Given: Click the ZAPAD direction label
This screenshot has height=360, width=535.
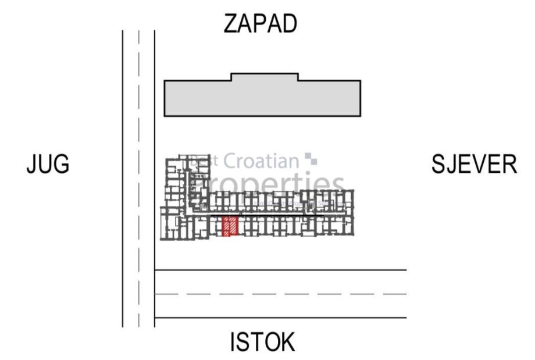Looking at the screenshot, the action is (261, 24).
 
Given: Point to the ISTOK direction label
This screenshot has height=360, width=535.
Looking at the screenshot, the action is (262, 342).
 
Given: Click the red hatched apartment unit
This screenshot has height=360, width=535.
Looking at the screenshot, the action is (230, 226).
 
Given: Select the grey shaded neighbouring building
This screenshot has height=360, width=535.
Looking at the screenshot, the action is (262, 98).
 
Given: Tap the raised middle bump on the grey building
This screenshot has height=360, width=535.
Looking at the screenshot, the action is (265, 77).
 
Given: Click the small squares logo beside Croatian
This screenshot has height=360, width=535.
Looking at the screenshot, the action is (315, 158).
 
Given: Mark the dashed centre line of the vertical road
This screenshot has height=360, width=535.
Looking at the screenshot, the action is (139, 174).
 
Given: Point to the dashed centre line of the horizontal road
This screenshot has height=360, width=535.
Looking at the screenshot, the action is (279, 294).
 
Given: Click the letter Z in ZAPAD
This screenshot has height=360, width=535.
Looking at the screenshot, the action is (231, 24).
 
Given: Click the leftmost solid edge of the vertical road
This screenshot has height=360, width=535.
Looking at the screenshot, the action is (123, 174).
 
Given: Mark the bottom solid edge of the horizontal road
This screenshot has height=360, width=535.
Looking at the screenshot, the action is (279, 318).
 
